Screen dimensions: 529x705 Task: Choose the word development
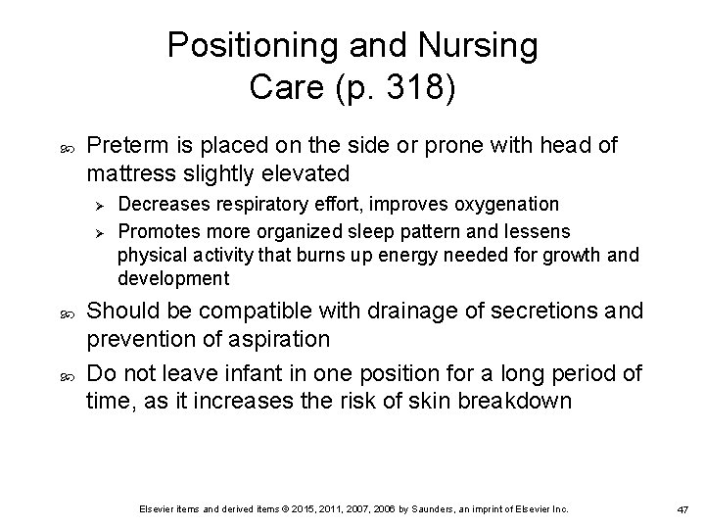point(173,279)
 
